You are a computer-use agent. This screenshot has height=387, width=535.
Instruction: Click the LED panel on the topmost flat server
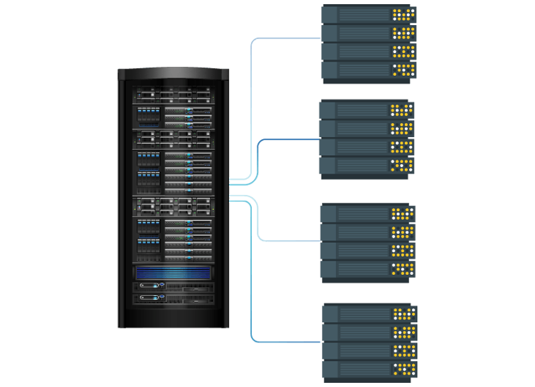click(403, 15)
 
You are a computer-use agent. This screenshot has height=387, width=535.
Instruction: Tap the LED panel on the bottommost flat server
click(403, 368)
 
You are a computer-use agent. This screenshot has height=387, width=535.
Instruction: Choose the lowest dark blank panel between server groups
click(366, 291)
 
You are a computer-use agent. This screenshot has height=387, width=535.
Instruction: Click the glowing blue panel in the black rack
click(173, 273)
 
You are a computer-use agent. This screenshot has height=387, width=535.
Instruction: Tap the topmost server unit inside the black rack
click(173, 94)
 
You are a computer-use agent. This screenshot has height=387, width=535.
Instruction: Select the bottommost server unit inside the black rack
click(173, 297)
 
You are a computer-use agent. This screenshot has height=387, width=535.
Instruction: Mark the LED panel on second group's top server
click(401, 111)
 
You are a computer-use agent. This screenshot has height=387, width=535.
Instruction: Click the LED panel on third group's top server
click(401, 213)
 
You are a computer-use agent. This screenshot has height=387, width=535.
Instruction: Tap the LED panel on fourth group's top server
click(403, 314)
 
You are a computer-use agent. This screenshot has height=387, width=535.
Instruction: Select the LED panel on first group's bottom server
click(403, 69)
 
